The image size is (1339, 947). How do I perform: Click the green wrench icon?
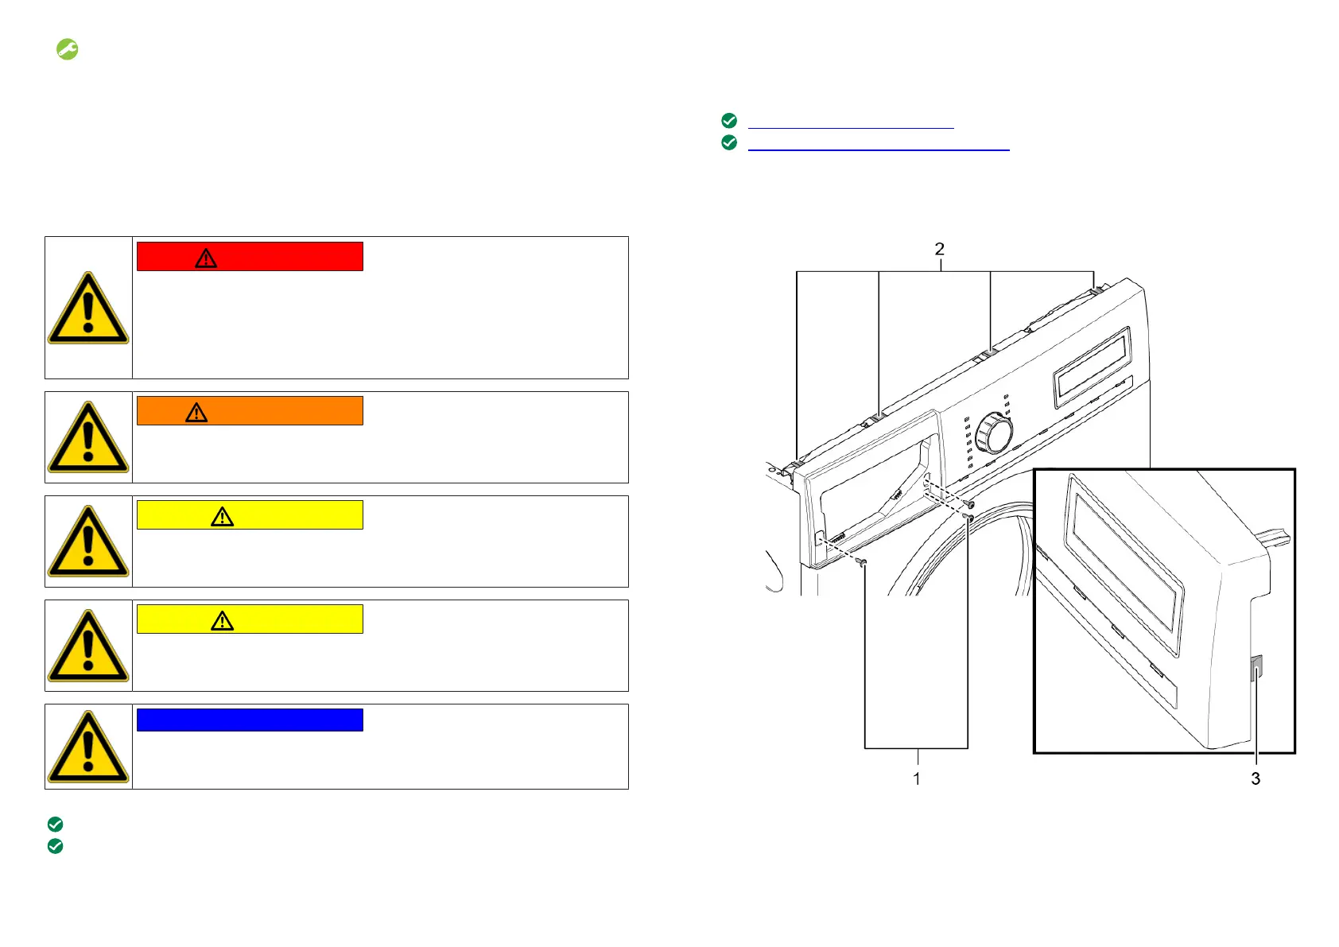tap(68, 49)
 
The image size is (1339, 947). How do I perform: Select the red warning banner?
tap(250, 257)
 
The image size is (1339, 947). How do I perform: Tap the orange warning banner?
tap(250, 411)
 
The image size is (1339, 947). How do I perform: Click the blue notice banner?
tap(250, 720)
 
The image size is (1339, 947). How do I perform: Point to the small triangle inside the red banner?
tap(206, 258)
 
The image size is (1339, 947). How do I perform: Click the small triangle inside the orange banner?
tap(196, 412)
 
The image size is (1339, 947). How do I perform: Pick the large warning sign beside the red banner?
tap(88, 308)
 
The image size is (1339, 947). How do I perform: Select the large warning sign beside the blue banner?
tap(88, 747)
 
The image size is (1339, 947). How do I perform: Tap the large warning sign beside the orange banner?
tap(88, 437)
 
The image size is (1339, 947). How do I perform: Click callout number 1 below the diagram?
tap(916, 778)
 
